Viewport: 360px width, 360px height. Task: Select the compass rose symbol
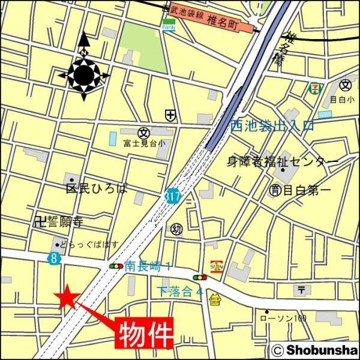coord(84,74)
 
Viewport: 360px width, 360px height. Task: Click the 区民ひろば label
coord(97,188)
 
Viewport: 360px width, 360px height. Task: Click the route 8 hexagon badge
coord(54,258)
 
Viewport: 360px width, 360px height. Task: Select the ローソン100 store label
coord(284,318)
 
